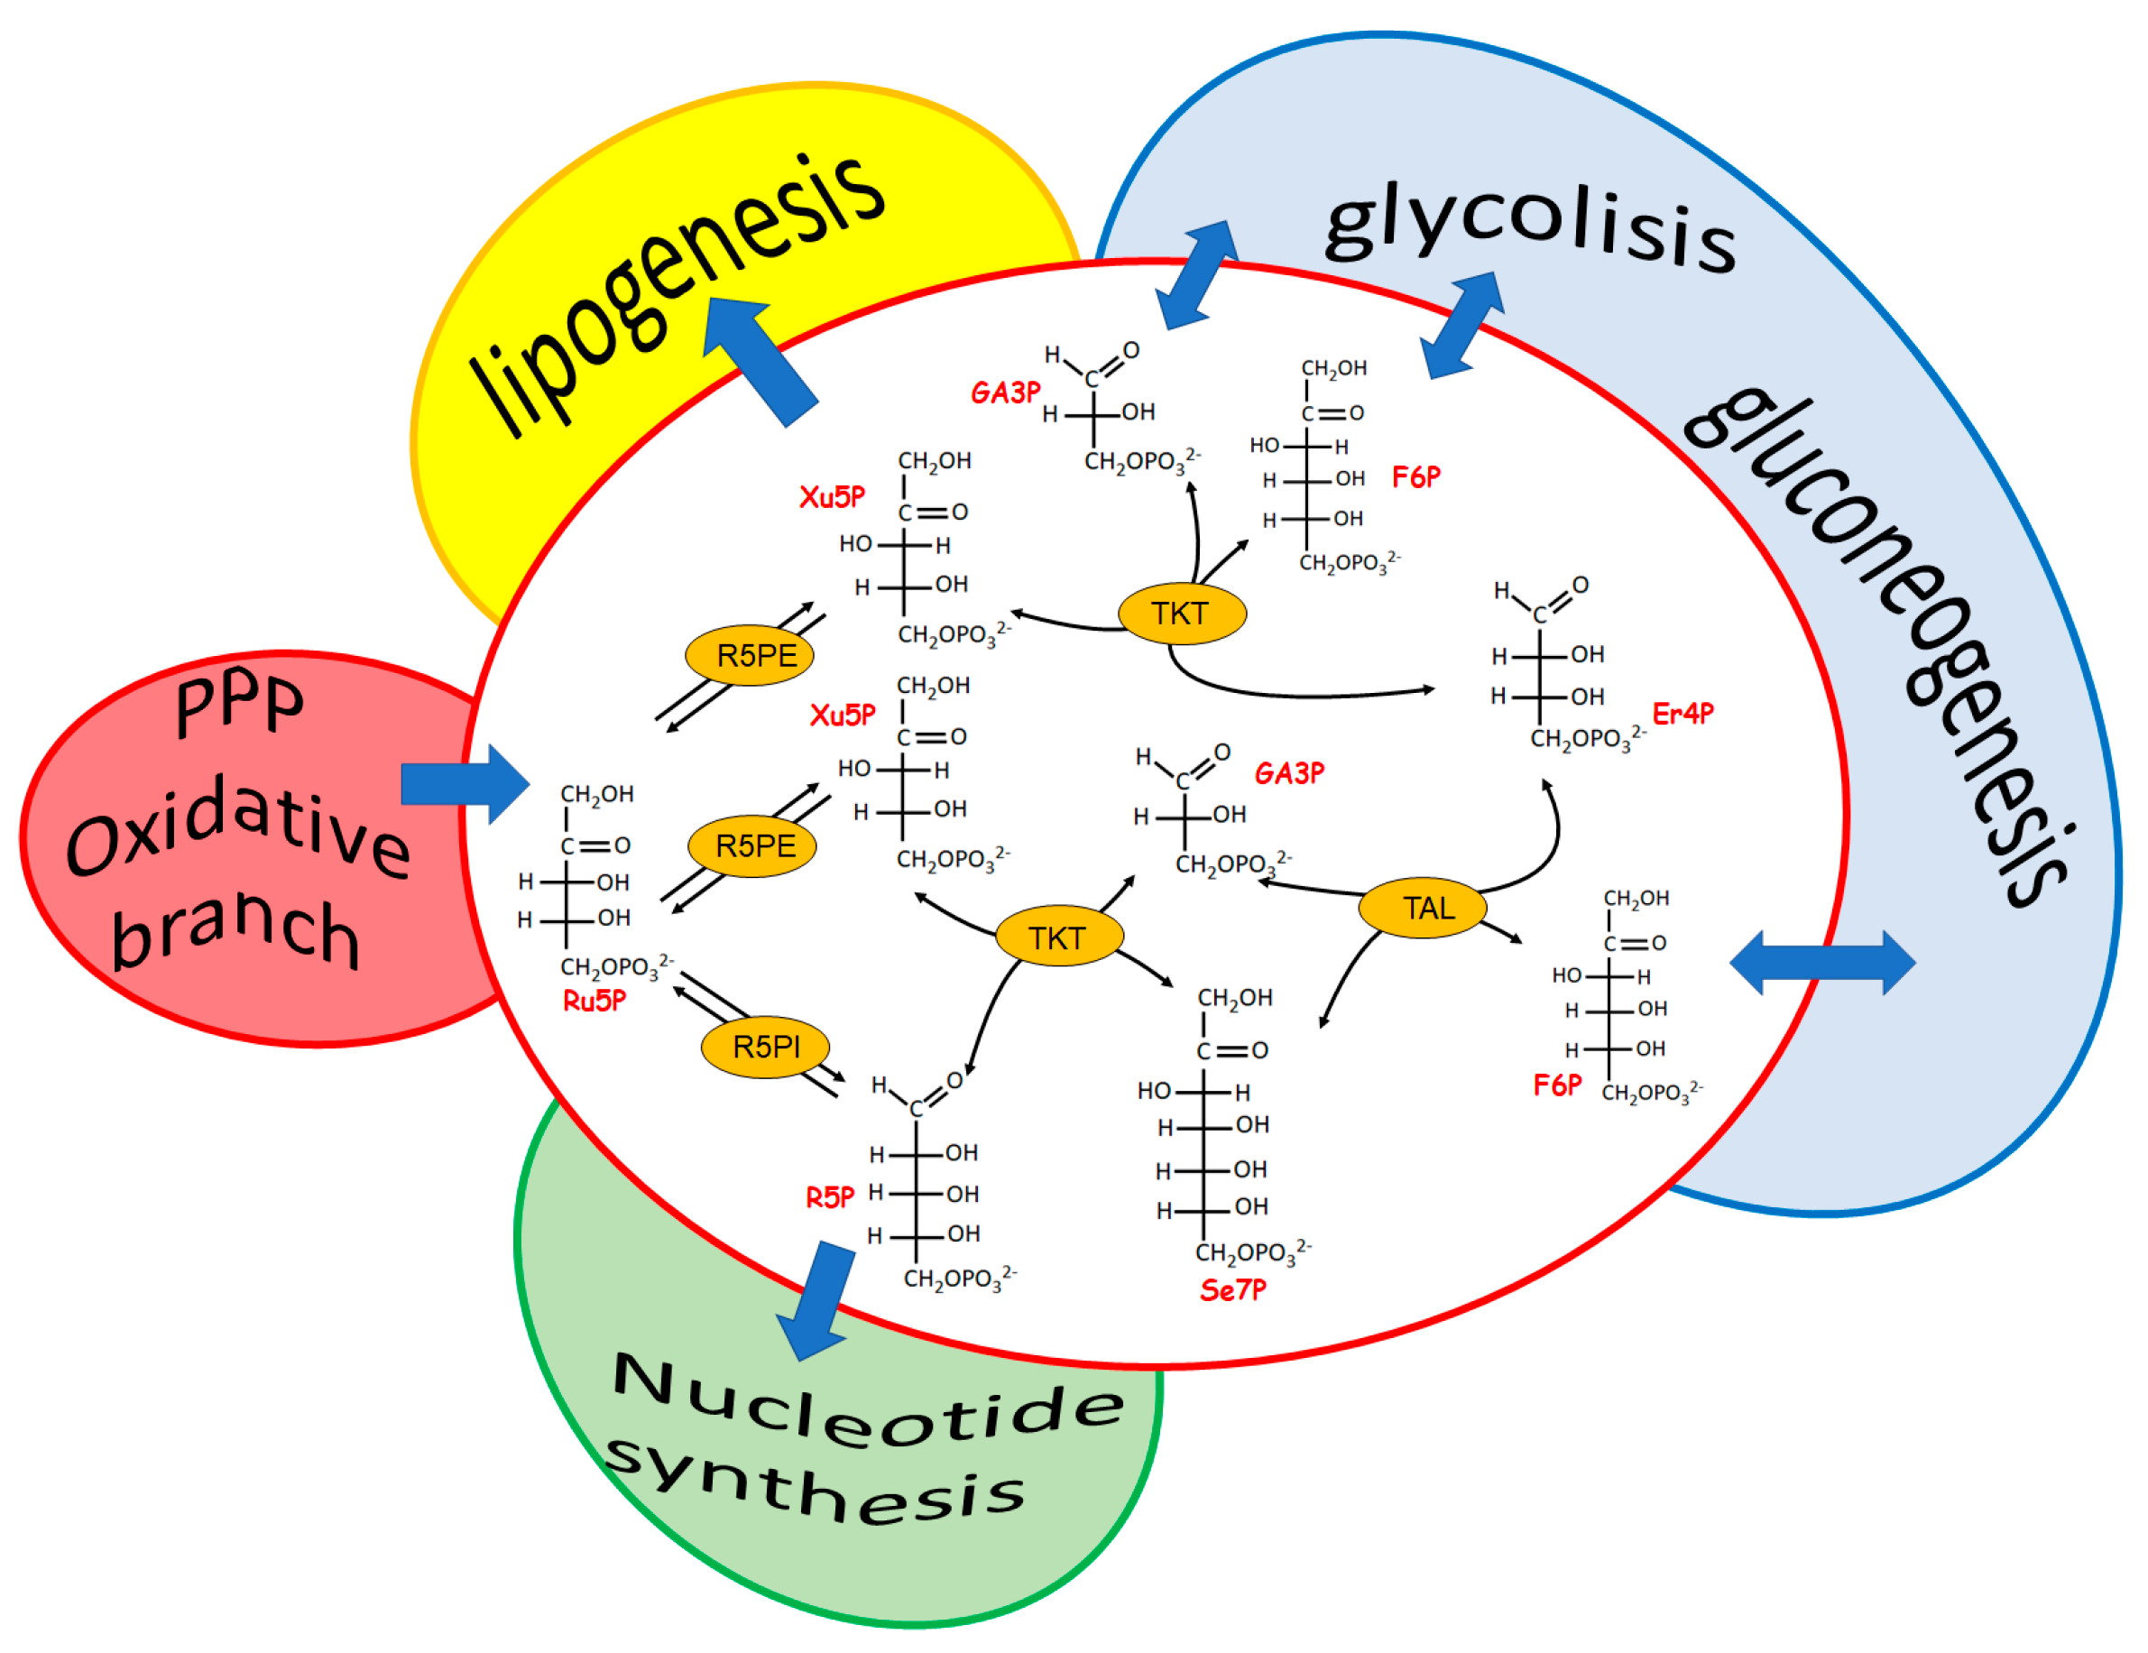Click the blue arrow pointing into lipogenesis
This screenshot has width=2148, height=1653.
coord(757,359)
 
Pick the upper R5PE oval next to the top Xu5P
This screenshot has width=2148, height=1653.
coord(750,656)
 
